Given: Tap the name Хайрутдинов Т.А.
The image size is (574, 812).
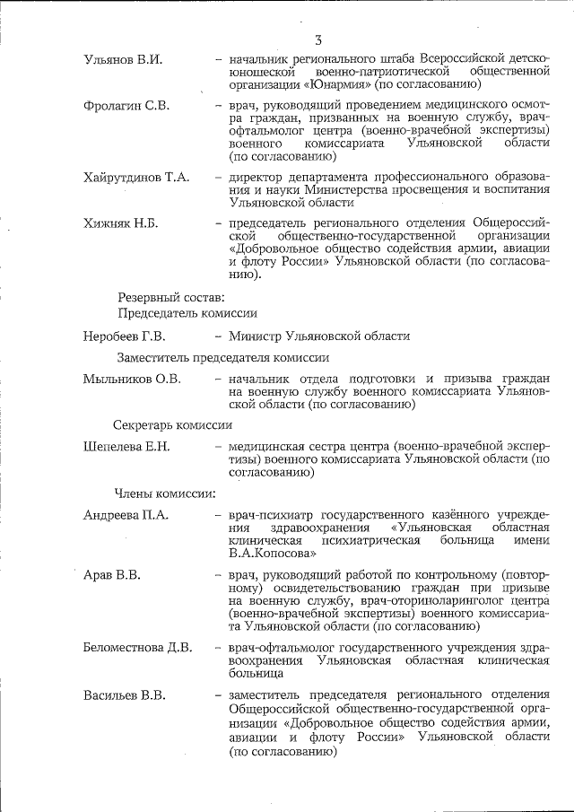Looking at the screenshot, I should [x=135, y=178].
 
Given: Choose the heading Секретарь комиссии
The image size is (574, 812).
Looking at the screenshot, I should [x=172, y=424].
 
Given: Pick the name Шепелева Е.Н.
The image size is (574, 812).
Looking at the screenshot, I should [x=126, y=447].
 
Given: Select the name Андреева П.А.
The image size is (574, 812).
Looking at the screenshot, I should [x=126, y=515].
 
